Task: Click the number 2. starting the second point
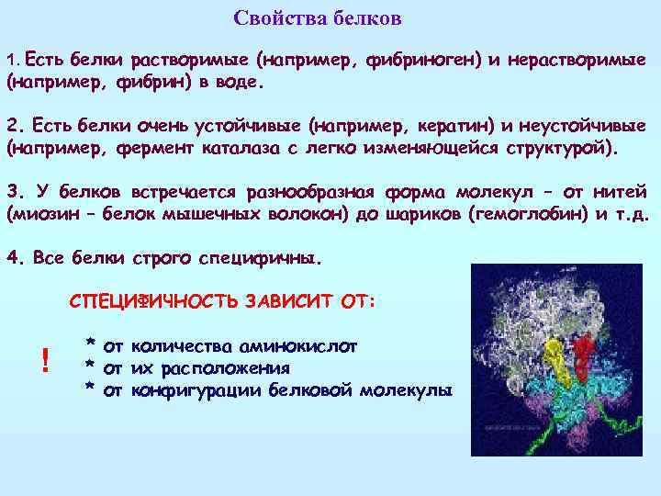(x=13, y=126)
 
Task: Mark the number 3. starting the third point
(x=13, y=192)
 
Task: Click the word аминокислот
(x=297, y=346)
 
